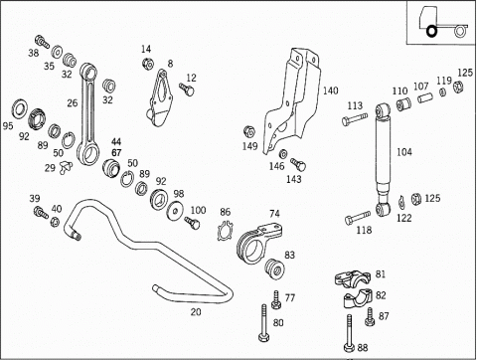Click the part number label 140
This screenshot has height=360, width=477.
coord(331,90)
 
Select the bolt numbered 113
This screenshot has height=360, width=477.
coord(355,118)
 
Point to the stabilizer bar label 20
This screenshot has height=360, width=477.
coord(196,312)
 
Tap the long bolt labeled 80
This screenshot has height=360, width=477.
coord(263,322)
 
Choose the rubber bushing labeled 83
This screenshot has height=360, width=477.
coord(274,269)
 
